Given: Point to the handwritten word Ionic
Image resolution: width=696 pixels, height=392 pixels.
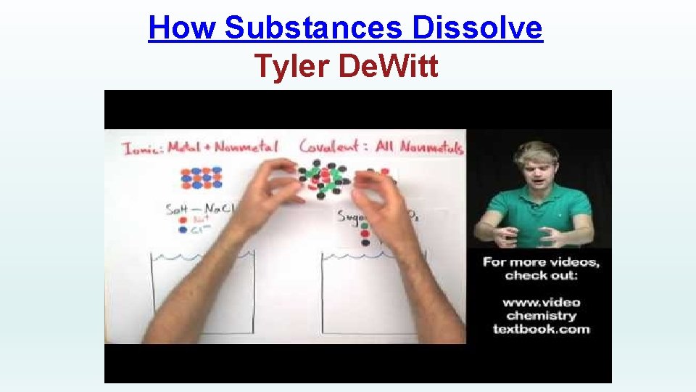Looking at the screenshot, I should click(x=142, y=148).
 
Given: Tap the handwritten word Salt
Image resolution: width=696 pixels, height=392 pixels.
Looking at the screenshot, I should click(x=178, y=209).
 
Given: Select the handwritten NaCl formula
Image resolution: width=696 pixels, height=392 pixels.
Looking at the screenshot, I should click(x=217, y=208).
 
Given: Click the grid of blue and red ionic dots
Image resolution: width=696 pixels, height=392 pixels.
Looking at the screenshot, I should click(x=202, y=178).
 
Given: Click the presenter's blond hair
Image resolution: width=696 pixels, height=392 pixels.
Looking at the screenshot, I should click(x=536, y=152).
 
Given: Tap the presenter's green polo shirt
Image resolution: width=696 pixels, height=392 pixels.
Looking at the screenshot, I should click(x=540, y=211).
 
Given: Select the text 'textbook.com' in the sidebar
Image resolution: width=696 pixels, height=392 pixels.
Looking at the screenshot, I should click(x=542, y=329).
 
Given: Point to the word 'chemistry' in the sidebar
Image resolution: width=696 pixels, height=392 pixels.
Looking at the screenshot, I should click(x=542, y=316).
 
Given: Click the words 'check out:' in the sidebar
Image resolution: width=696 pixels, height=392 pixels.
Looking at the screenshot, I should click(x=542, y=276).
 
